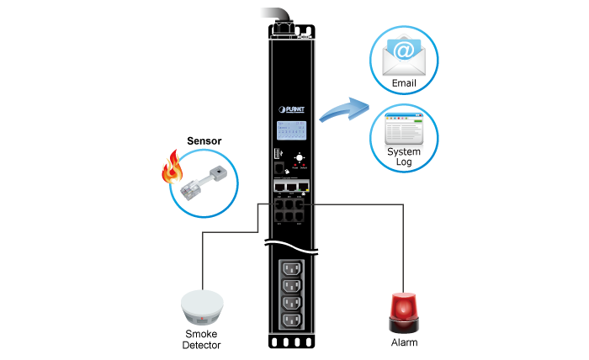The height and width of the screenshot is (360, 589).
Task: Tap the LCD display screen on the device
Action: coord(290,132)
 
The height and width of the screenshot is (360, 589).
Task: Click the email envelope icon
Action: coord(404,56)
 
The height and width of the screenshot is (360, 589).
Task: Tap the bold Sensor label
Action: coord(204,141)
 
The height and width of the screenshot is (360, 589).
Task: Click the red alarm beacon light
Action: coord(404,312)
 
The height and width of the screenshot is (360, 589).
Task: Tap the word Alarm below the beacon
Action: coord(404,343)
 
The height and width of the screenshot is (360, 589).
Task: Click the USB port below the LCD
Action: coord(276,155)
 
